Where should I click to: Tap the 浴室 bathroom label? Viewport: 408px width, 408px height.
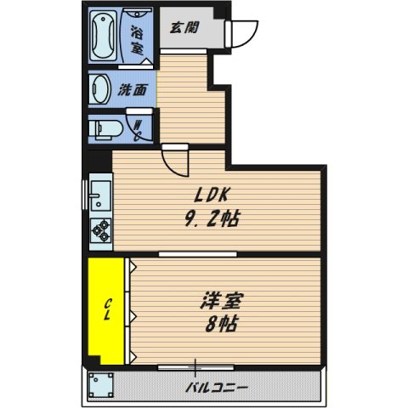(x=136, y=39)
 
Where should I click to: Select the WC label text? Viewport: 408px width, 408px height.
(x=138, y=130)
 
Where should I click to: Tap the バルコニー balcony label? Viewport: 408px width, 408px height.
(x=217, y=388)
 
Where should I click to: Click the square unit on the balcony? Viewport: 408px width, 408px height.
(x=105, y=386)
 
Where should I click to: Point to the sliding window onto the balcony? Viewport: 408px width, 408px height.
(x=196, y=366)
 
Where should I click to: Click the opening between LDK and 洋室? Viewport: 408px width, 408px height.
(x=191, y=254)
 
